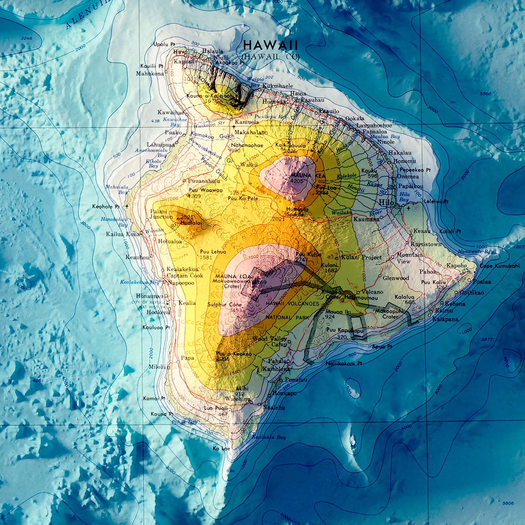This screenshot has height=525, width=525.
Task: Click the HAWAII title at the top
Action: [270, 45]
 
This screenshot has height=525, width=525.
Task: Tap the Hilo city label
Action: [387, 203]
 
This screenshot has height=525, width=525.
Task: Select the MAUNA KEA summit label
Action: [303, 175]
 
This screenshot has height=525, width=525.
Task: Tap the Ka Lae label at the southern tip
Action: [221, 448]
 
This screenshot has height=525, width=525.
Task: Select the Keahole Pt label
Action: [106, 206]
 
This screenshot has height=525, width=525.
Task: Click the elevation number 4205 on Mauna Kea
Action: [297, 181]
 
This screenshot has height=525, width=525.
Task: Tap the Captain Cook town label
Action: [185, 276]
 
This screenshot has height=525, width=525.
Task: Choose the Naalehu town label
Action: [274, 408]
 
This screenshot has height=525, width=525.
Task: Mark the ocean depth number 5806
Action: [508, 503]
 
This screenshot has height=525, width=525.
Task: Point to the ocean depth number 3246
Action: [27, 38]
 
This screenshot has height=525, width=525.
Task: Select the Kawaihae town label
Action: [170, 113]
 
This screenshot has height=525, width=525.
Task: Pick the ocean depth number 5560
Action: [485, 94]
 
